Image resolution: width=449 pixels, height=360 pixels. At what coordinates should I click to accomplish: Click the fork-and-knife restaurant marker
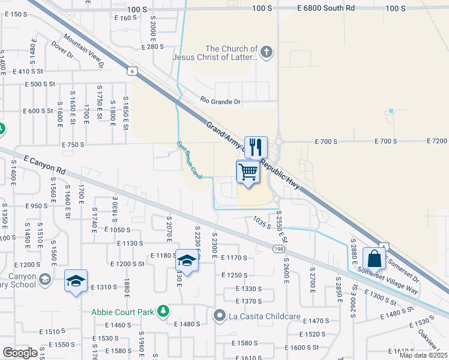(x=256, y=146)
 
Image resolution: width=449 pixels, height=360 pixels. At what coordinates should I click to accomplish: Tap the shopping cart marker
(x=248, y=172)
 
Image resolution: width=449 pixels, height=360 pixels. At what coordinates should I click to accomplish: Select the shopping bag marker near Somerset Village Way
(x=374, y=259)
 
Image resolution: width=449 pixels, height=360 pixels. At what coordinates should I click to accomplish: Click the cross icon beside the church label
(x=267, y=53)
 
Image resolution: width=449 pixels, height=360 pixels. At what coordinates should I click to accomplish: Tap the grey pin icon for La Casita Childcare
(x=220, y=314)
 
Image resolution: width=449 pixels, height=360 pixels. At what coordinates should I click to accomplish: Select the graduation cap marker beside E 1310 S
(x=76, y=281)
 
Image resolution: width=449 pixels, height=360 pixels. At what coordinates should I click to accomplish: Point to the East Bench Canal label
(x=189, y=155)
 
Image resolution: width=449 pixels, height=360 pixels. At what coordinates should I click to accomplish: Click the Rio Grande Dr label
(x=220, y=102)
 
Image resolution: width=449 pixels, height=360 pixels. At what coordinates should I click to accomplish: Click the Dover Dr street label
(x=62, y=49)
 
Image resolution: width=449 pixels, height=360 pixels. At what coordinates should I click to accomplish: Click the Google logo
(x=20, y=353)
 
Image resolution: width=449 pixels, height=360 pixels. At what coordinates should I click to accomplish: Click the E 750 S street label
(x=74, y=145)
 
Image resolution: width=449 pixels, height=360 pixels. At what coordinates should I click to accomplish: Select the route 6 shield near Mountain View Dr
(x=139, y=71)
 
